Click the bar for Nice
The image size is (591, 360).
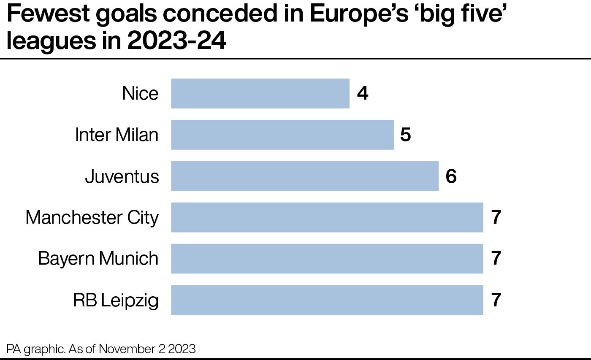(260, 93)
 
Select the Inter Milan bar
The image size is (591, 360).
(282, 135)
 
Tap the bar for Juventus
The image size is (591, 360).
(304, 176)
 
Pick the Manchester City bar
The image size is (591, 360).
(327, 217)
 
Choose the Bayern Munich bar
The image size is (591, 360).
(327, 258)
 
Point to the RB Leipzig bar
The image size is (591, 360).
(327, 300)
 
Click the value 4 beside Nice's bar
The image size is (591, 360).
(362, 93)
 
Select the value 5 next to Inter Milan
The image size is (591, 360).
(406, 135)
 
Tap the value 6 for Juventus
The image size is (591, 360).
(451, 176)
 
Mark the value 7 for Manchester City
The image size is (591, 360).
(496, 218)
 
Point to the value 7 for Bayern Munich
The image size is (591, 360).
(496, 259)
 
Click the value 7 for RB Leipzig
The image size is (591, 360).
(496, 300)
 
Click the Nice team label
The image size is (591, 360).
(140, 93)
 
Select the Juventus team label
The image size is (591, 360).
(122, 176)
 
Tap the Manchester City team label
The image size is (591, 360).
(92, 218)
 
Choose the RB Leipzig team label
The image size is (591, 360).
(116, 300)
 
